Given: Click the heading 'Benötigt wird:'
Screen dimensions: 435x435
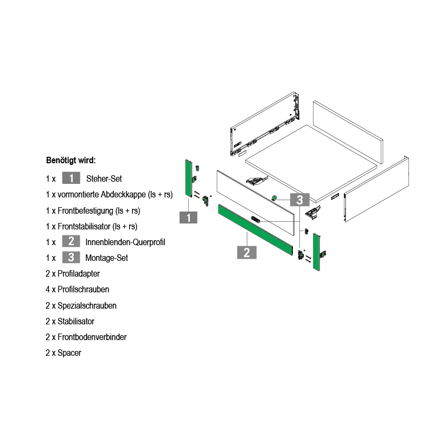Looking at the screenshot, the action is [71, 161].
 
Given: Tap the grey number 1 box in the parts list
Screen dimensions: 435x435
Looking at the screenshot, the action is [71, 178].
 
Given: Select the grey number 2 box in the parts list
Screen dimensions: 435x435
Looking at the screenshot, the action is [71, 241].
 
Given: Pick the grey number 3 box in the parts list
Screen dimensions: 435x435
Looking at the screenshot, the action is [71, 257].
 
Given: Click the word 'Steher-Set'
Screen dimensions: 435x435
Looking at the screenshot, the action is [104, 178].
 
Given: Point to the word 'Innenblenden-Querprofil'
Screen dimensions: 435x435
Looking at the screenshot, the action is [125, 242].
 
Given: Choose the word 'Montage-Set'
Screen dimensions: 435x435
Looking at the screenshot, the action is [107, 258].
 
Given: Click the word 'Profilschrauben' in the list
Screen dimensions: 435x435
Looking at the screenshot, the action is [83, 289].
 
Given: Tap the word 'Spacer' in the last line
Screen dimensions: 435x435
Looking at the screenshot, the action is [69, 353].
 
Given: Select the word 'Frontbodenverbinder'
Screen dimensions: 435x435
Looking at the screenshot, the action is [92, 337].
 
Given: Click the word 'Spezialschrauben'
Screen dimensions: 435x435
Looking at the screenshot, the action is [87, 305].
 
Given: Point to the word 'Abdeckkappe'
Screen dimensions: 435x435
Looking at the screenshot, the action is [123, 195].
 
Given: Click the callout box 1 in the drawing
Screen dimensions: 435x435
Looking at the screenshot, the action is [188, 217].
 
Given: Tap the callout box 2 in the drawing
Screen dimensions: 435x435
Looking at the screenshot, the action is [247, 252].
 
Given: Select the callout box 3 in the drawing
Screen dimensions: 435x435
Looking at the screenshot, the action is [300, 200].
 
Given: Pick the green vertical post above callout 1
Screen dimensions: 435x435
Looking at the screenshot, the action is [189, 178].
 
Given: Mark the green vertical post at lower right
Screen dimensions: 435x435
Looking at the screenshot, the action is [317, 252].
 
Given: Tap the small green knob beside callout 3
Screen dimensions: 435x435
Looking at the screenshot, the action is [274, 198].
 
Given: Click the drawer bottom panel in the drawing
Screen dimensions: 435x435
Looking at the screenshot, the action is [311, 164].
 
